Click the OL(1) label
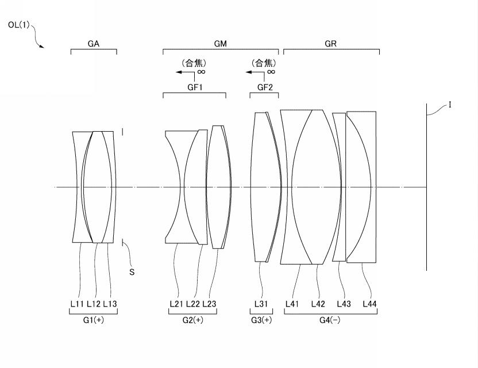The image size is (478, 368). click(19, 25)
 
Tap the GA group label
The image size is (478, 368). click(93, 44)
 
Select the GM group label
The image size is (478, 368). click(221, 44)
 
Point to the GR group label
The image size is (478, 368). click(331, 44)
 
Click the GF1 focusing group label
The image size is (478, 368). click(195, 87)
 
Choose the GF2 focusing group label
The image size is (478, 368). click(265, 87)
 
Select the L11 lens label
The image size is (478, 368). click(77, 304)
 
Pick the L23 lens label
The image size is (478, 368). click(209, 304)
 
